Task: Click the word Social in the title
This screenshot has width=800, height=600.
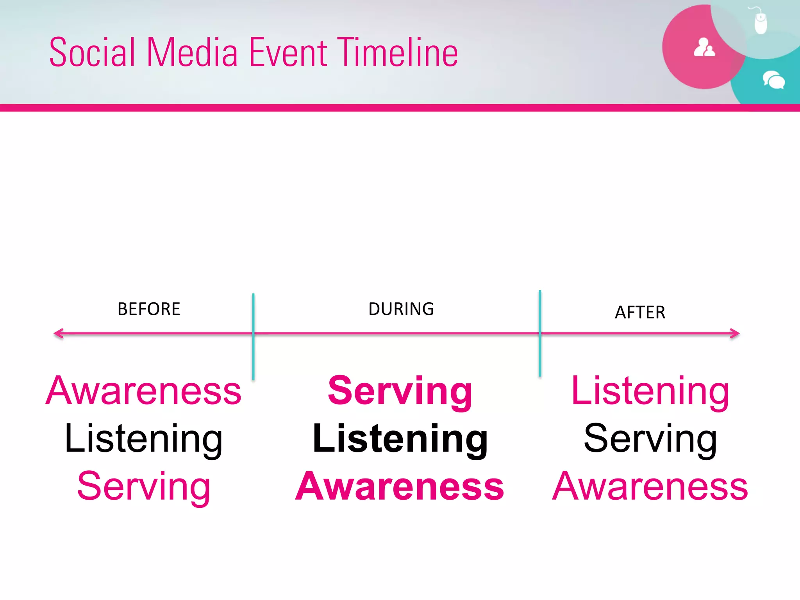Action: coord(92,52)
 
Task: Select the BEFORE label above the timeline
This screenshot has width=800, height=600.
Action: coord(149,309)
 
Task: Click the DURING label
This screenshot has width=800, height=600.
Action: coord(401,309)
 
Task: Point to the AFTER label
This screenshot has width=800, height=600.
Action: coord(640,312)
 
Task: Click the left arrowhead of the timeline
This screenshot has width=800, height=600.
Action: coord(59,334)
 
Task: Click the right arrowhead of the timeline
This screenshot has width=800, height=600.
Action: coord(735,334)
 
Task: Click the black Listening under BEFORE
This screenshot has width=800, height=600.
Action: coord(144,439)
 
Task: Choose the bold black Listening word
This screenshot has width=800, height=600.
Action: coord(400,439)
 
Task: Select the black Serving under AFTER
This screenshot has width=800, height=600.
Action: coord(650,439)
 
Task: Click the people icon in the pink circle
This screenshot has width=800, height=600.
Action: coord(704,48)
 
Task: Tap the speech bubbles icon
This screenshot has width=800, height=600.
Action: coord(773,80)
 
